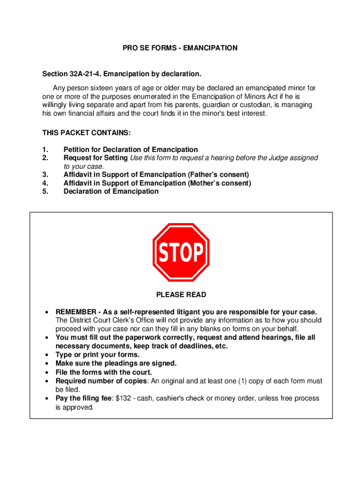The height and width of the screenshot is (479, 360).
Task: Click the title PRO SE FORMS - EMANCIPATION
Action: (x=180, y=48)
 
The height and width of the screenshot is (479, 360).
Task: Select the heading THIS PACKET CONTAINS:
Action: (x=80, y=133)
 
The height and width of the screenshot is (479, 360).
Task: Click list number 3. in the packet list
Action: (x=45, y=175)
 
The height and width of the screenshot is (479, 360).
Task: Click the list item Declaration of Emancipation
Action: (x=111, y=191)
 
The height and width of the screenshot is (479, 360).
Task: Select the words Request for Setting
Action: (x=95, y=158)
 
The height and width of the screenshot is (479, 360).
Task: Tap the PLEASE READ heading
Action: (x=180, y=295)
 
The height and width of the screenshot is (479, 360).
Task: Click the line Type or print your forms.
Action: (x=97, y=355)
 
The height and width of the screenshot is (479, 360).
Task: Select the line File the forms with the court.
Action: (x=104, y=372)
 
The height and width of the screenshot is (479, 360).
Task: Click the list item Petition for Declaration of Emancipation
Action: (x=130, y=150)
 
